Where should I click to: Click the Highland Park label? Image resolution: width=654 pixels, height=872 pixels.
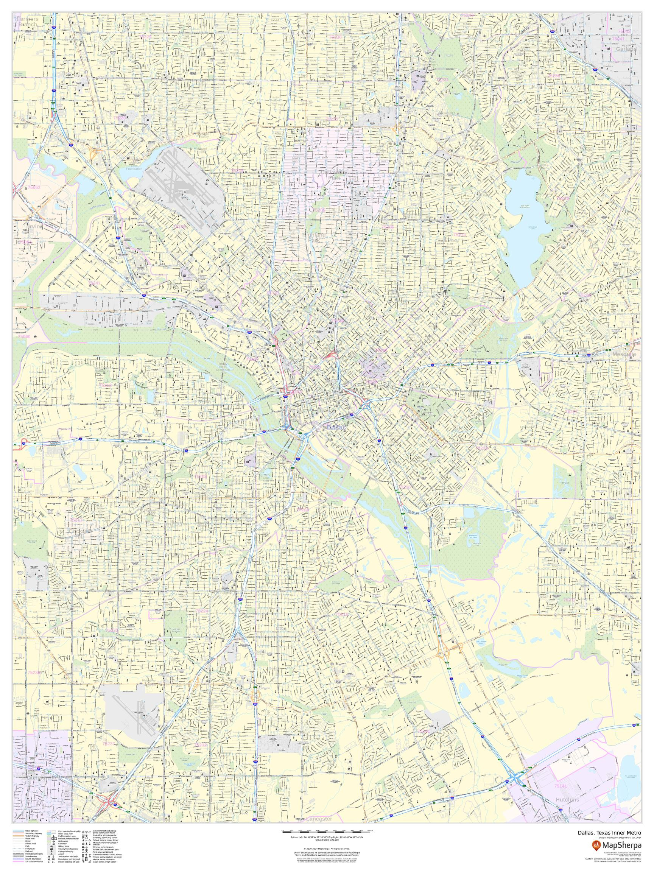[314, 237]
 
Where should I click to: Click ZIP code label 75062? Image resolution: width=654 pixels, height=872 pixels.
[32, 187]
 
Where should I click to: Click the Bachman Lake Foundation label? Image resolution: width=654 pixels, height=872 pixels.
[134, 165]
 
